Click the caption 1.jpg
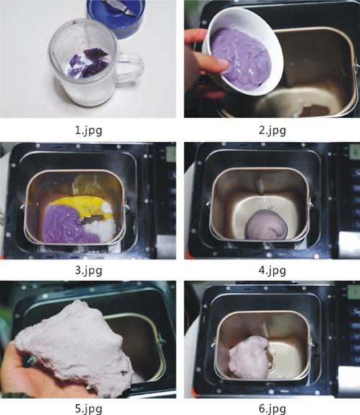click(89, 130)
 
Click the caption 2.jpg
click(272, 130)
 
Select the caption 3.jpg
click(89, 270)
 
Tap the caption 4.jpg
click(272, 270)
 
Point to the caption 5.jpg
click(89, 409)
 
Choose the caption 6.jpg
click(272, 409)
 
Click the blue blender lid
click(117, 16)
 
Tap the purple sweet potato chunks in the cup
click(89, 63)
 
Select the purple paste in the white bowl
click(241, 58)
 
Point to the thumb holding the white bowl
click(212, 64)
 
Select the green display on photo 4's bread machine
click(355, 153)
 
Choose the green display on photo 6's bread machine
click(355, 293)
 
